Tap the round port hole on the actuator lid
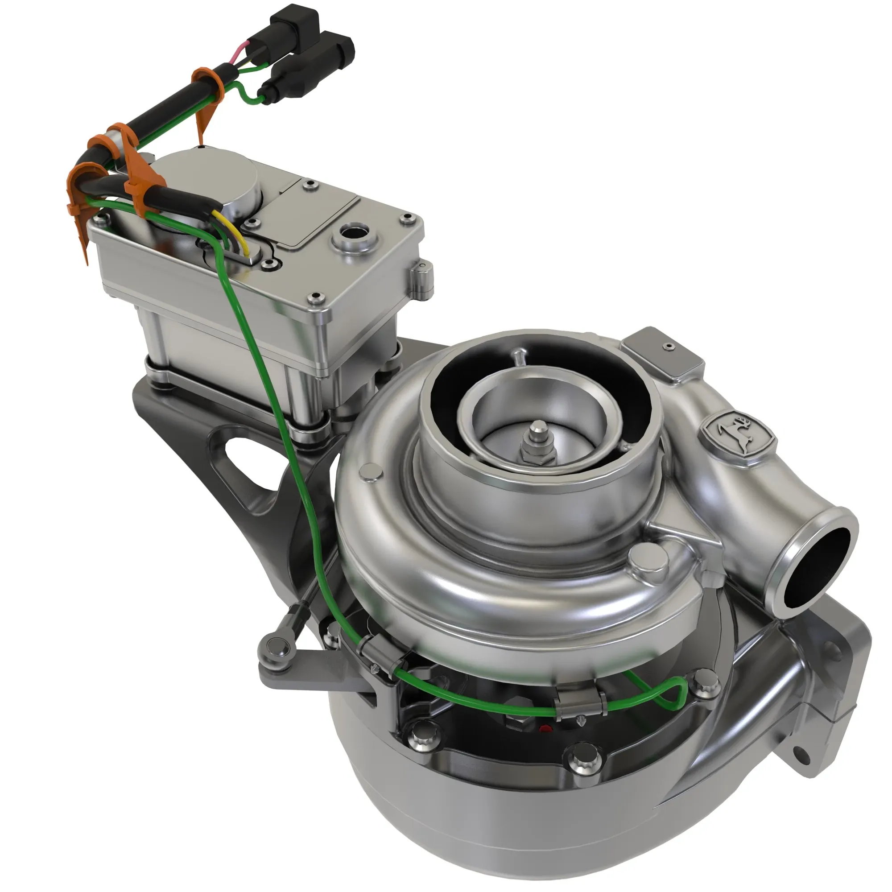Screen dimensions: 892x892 [355, 231]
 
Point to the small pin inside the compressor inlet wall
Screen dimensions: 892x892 [520, 356]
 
